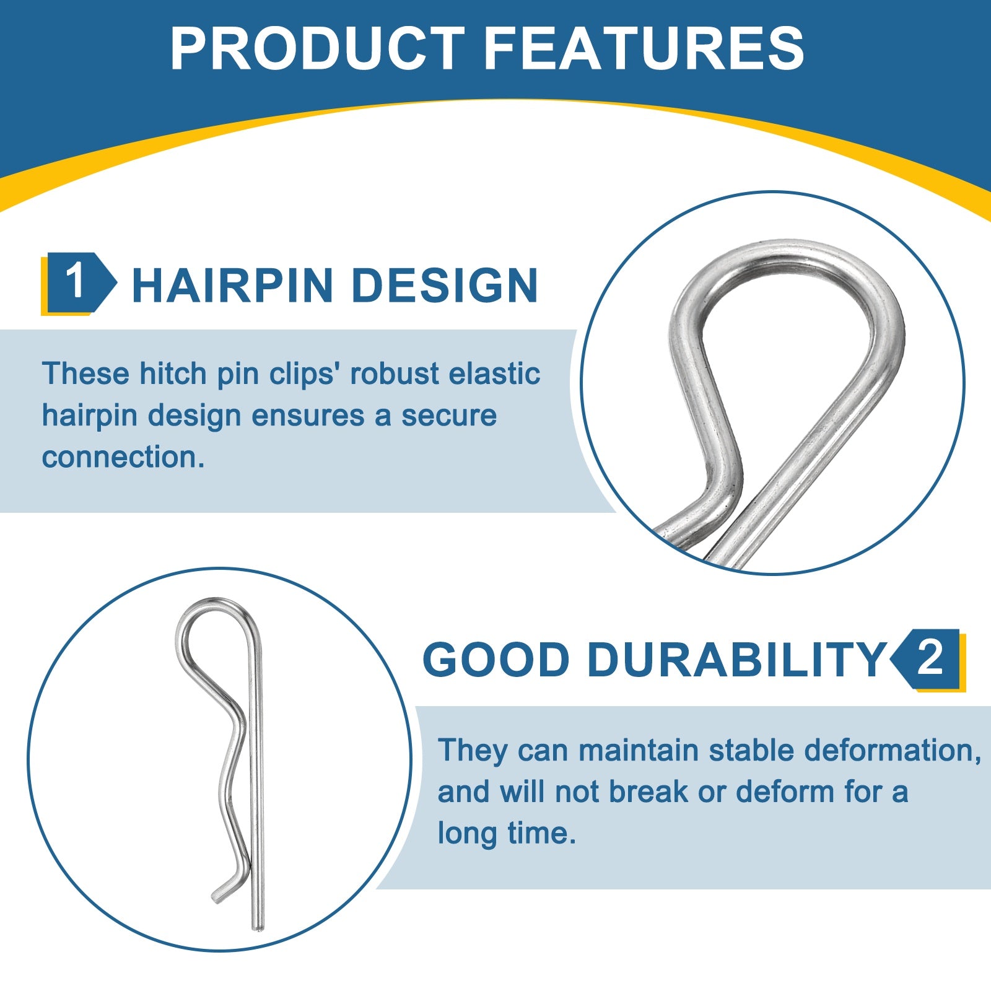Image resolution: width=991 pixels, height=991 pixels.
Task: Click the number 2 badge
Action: point(928,660)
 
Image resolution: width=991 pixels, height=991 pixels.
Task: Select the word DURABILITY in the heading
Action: point(736,659)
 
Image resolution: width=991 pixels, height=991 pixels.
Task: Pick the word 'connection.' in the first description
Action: point(123,457)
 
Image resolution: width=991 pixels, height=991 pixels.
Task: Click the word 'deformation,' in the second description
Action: point(893,750)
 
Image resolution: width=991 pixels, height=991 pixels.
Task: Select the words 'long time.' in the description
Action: point(507,833)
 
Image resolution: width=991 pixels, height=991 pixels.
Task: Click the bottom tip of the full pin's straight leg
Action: point(258,927)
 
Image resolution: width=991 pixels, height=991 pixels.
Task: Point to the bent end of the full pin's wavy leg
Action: point(218,895)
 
